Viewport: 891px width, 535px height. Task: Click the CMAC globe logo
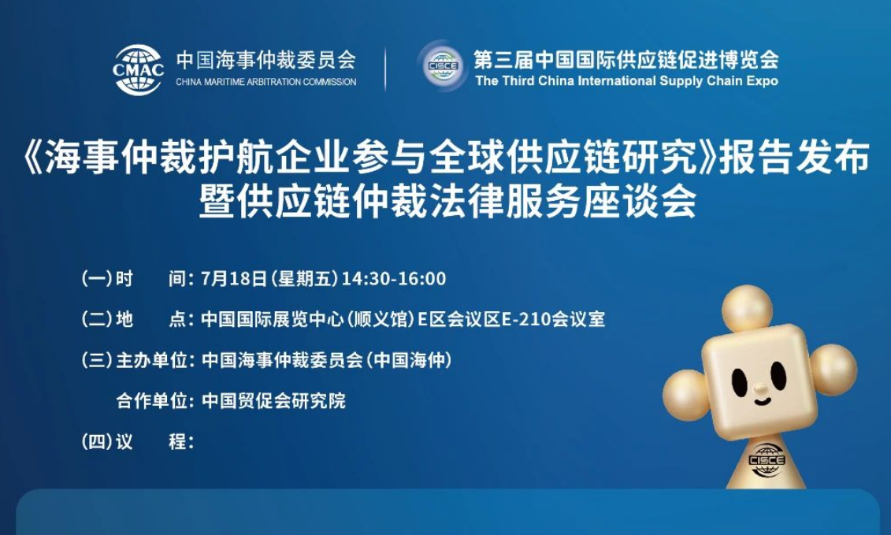point(138,69)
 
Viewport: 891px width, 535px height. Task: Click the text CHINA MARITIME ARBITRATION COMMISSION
point(266,82)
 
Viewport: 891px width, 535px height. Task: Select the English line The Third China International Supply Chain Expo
point(627,80)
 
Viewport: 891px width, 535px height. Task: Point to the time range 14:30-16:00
point(394,279)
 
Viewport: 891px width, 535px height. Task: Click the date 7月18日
point(234,279)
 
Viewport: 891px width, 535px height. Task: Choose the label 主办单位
point(151,360)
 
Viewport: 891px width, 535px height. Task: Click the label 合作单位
point(151,401)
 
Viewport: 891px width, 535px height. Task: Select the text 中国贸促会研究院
point(273,401)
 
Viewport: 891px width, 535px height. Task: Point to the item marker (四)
point(97,442)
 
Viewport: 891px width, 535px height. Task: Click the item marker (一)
point(97,279)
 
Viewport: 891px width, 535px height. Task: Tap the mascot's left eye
point(739,383)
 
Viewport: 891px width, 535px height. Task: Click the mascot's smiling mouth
point(762,401)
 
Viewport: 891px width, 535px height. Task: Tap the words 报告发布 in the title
point(795,157)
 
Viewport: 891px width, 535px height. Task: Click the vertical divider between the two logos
point(386,69)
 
